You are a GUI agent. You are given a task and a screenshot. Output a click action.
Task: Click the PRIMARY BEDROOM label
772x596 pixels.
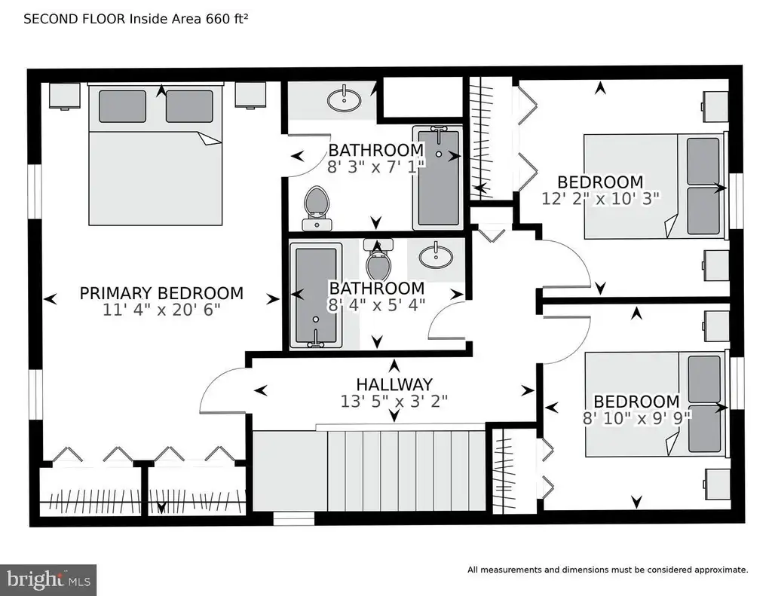click(x=161, y=293)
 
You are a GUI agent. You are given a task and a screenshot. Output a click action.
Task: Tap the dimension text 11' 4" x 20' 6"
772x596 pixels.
click(x=161, y=310)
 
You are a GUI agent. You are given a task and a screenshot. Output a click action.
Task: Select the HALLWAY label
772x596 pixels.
click(x=394, y=384)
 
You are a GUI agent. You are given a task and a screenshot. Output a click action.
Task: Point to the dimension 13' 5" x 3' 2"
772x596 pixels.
click(x=394, y=401)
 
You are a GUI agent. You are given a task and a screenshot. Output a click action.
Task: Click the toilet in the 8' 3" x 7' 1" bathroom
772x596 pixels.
click(x=317, y=208)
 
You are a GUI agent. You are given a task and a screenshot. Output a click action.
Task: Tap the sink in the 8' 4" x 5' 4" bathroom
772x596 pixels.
click(x=436, y=257)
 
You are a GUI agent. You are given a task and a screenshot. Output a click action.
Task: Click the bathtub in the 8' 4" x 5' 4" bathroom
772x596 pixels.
click(x=316, y=295)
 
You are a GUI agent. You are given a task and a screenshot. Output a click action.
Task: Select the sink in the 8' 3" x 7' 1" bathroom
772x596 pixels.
click(x=344, y=99)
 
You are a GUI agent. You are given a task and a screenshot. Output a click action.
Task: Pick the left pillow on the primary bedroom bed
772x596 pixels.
click(x=122, y=105)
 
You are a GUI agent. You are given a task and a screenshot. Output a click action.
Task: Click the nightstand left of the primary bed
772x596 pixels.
click(x=65, y=95)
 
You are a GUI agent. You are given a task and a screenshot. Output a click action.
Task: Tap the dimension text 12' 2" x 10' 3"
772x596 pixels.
click(x=600, y=198)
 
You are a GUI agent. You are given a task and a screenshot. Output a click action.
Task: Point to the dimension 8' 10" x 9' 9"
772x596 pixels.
click(x=636, y=418)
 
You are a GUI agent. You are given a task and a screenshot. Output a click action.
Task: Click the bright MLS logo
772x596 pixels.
click(x=48, y=579)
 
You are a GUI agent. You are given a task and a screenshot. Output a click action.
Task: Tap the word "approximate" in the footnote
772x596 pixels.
click(x=721, y=570)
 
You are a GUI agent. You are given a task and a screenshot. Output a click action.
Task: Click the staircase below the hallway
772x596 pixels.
click(x=369, y=471)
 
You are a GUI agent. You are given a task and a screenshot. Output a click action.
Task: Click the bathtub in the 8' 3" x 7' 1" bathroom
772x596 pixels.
click(x=438, y=178)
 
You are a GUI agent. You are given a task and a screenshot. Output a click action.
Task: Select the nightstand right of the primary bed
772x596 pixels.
click(x=250, y=94)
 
